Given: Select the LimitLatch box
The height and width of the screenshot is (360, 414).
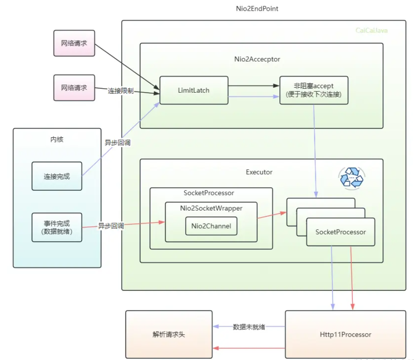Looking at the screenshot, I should point(194,90).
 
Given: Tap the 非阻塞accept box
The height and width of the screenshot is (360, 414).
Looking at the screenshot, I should point(314,90).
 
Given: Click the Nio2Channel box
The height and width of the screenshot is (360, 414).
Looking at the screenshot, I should point(211,226).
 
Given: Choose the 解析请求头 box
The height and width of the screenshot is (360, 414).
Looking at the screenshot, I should point(169,334).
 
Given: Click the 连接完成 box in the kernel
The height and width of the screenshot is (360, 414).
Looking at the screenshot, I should point(57,176).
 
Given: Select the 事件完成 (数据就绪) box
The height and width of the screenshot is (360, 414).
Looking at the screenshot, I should point(57,227).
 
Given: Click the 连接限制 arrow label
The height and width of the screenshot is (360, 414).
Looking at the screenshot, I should point(120,91).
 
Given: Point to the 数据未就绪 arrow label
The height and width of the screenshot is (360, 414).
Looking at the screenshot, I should point(249,327).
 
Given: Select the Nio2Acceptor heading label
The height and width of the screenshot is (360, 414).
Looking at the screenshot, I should point(257,59).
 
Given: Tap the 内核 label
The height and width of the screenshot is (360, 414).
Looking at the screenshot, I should point(57,139).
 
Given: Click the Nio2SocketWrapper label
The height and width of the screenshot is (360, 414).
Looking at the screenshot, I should point(211,208).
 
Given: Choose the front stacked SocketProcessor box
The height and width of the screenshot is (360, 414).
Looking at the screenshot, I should point(341,232).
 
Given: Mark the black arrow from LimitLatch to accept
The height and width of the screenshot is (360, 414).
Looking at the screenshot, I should point(253,85).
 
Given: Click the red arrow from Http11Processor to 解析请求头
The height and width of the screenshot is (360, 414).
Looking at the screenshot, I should point(249,348).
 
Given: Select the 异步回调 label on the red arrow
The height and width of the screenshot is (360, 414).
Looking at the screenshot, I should point(111,226).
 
